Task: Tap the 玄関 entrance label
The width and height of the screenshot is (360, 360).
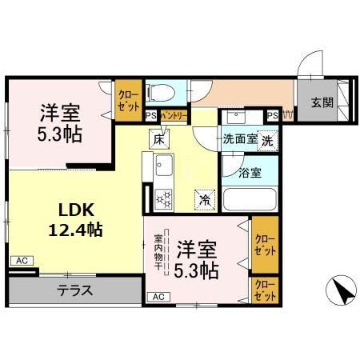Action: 322,102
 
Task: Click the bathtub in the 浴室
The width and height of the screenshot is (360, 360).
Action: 249,199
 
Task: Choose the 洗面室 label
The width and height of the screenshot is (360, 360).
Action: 240,138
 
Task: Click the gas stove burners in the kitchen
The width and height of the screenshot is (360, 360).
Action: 165,197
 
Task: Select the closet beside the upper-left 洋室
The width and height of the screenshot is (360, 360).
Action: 128,99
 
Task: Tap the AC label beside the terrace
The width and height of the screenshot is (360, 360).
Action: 21,261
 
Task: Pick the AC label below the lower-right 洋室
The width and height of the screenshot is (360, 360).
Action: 158,297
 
